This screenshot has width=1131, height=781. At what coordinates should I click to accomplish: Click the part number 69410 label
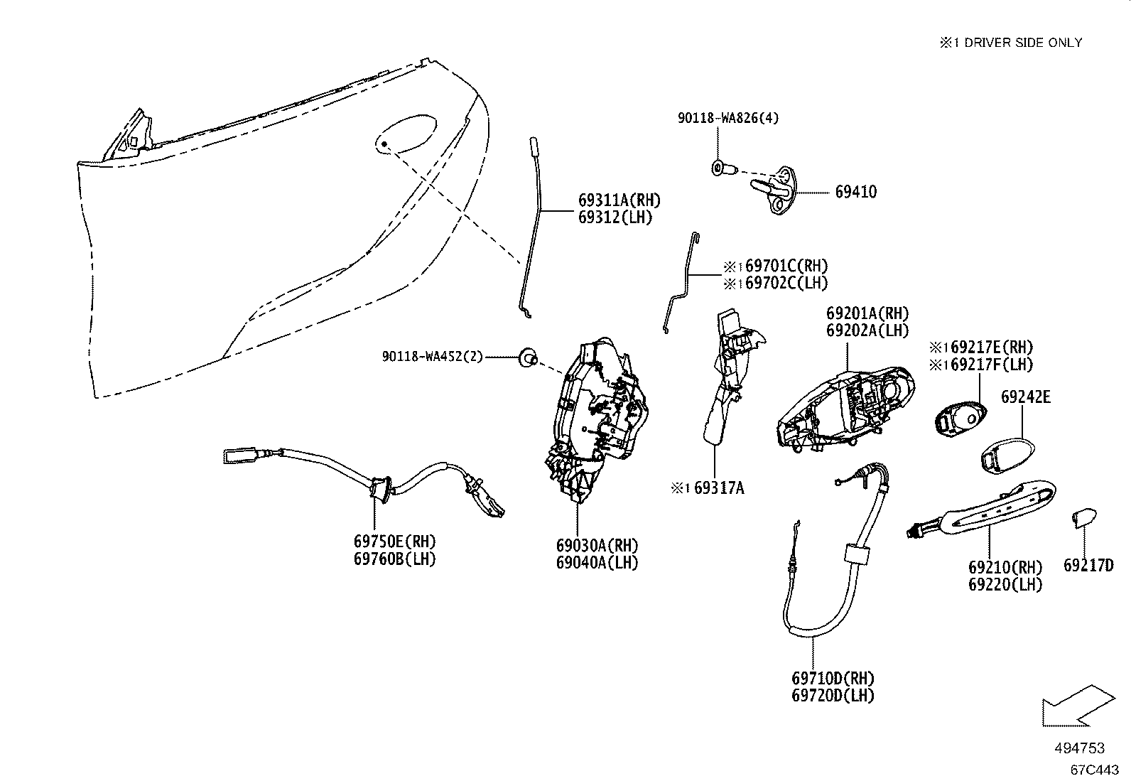[856, 192]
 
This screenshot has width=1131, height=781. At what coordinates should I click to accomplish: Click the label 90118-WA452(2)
[432, 357]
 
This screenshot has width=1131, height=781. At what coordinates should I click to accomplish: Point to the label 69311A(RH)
[619, 200]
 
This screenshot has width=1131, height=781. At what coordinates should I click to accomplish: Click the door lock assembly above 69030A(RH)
[596, 419]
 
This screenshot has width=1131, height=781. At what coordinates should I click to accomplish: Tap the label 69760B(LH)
[394, 559]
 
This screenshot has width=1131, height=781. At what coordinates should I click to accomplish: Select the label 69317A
[719, 488]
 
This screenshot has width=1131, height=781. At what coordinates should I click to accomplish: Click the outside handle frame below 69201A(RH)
[845, 410]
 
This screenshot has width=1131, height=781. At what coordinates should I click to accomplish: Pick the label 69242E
[1025, 397]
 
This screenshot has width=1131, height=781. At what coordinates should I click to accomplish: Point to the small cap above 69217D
[1084, 518]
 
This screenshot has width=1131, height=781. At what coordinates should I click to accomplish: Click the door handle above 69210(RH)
[981, 508]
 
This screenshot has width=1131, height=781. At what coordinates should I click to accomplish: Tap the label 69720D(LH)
[833, 696]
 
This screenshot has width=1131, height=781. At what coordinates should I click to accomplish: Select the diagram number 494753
[1080, 748]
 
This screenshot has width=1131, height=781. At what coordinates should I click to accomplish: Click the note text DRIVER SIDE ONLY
[1023, 43]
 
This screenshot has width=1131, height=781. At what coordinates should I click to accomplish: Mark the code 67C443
[1094, 770]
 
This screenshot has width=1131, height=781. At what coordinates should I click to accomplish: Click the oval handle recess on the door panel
[406, 133]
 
